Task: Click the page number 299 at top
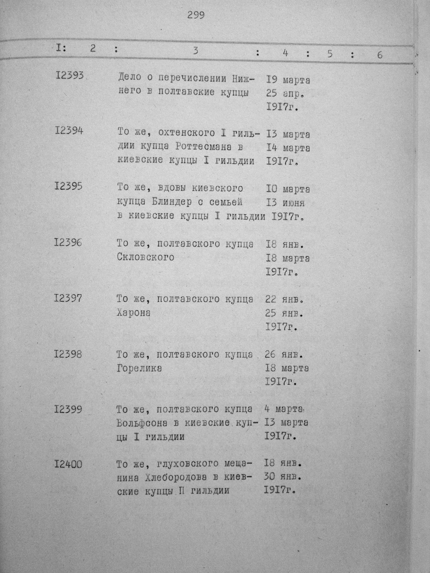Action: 196,15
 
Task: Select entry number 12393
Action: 69,76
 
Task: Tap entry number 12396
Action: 68,243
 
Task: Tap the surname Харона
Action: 134,313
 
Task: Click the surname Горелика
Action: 139,368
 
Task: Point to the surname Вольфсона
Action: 142,423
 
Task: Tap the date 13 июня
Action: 286,202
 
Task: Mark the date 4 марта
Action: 284,409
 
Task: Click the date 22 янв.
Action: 284,300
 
